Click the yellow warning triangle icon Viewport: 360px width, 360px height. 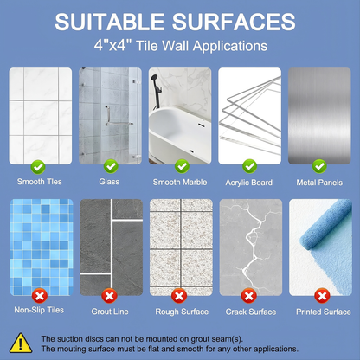pos(21,344)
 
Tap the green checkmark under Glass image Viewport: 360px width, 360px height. pos(111,166)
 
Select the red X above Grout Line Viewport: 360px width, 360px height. pos(109,296)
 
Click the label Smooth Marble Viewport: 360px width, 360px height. pos(180,183)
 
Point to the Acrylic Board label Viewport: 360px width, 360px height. pos(249,183)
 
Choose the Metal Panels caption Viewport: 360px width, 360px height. pos(319,183)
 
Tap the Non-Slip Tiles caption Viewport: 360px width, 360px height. pos(39,310)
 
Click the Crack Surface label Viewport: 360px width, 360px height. pos(251,312)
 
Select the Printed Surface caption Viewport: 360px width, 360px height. pos(324,312)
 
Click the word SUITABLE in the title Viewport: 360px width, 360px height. pos(110,22)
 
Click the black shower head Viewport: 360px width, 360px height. pos(155,78)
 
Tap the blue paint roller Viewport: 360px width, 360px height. pos(326,225)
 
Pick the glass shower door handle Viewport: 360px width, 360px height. pos(108,115)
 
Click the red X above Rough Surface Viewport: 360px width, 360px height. pos(179,296)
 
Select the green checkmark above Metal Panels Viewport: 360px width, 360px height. pos(319,166)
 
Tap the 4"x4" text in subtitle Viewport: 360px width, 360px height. pos(112,46)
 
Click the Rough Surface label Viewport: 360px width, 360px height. pos(182,312)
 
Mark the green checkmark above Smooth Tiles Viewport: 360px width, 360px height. pos(38,167)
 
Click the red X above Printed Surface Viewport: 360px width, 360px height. pos(322,296)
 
